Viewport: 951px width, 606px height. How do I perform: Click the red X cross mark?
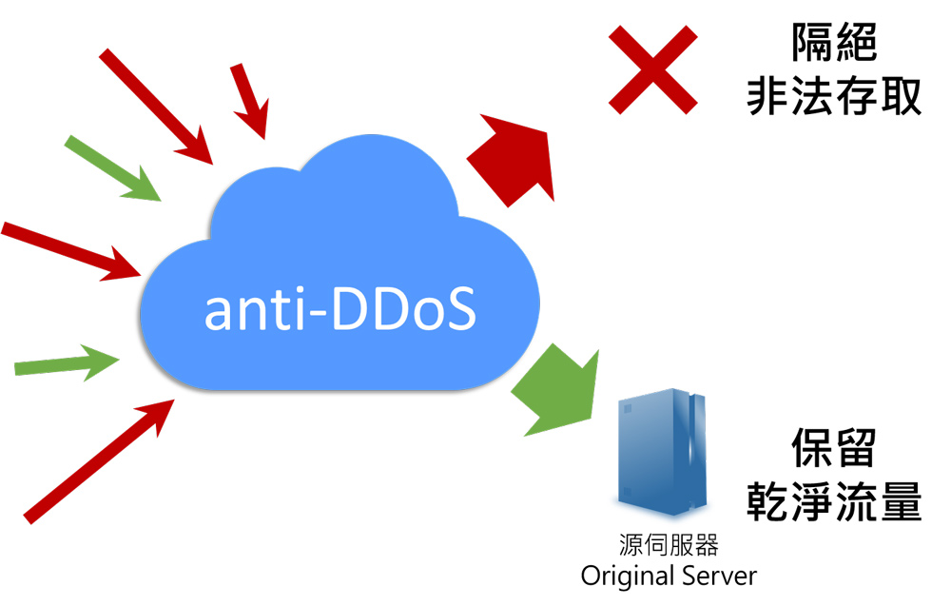pyautogui.click(x=653, y=69)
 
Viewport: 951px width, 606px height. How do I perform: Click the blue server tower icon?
pyautogui.click(x=662, y=451)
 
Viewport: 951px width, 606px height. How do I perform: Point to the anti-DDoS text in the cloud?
pyautogui.click(x=340, y=309)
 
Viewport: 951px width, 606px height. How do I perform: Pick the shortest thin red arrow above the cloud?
pyautogui.click(x=249, y=101)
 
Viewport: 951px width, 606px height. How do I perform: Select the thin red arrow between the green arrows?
pyautogui.click(x=71, y=251)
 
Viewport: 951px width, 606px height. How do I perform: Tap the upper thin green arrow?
pyautogui.click(x=112, y=168)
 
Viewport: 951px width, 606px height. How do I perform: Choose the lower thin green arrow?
pyautogui.click(x=67, y=362)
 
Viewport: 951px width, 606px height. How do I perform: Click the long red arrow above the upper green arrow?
pyautogui.click(x=156, y=107)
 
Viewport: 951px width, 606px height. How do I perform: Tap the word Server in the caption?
pyautogui.click(x=721, y=576)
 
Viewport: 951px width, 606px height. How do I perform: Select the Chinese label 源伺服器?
pyautogui.click(x=669, y=545)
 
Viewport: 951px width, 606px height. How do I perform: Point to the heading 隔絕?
pyautogui.click(x=834, y=43)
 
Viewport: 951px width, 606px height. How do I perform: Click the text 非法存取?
pyautogui.click(x=834, y=96)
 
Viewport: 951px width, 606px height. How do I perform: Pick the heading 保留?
pyautogui.click(x=834, y=448)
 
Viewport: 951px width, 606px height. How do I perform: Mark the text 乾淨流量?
pyautogui.click(x=834, y=501)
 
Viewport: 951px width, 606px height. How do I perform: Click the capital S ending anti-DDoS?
pyautogui.click(x=461, y=309)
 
